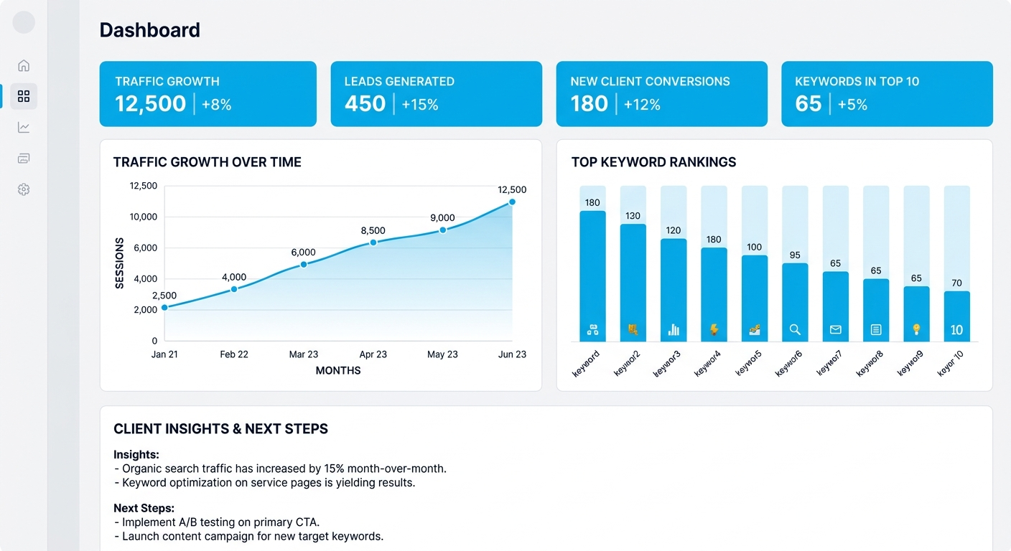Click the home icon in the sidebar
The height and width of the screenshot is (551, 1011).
click(24, 65)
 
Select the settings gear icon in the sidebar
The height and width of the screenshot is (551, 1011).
click(24, 189)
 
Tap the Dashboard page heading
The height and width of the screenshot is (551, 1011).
click(149, 30)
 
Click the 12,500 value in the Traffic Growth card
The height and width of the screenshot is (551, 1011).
click(150, 104)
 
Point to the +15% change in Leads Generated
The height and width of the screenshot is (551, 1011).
click(420, 105)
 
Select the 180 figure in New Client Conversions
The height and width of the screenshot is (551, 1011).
click(589, 104)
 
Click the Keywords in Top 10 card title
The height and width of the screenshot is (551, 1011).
click(857, 82)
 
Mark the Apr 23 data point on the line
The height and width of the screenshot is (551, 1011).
click(373, 242)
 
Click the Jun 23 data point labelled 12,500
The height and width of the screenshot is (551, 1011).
click(512, 202)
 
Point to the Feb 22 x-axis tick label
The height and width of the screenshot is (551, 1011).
click(234, 354)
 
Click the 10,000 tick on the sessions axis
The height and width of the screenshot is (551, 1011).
click(143, 217)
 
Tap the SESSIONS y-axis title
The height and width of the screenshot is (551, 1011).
click(119, 263)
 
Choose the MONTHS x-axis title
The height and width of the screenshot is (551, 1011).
click(338, 371)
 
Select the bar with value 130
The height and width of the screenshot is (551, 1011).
click(633, 283)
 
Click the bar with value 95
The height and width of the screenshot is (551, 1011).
click(795, 302)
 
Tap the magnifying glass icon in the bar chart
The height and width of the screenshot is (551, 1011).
click(795, 330)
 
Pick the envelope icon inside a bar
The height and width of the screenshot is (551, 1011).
click(835, 330)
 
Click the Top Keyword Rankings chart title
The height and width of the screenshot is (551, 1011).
click(653, 162)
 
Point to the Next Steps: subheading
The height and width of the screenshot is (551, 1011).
click(144, 508)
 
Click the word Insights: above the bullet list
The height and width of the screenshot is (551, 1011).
click(136, 454)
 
